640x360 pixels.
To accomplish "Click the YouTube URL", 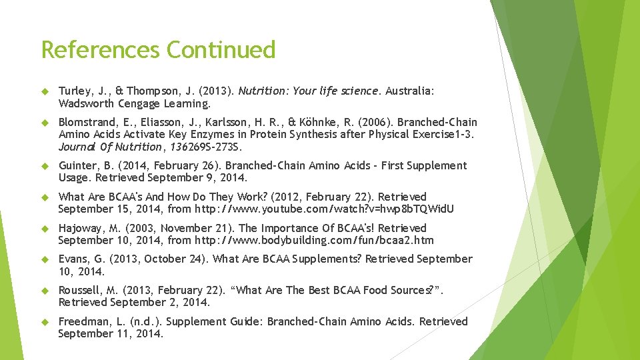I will (324, 209).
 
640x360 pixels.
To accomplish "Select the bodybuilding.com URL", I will (313, 241).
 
